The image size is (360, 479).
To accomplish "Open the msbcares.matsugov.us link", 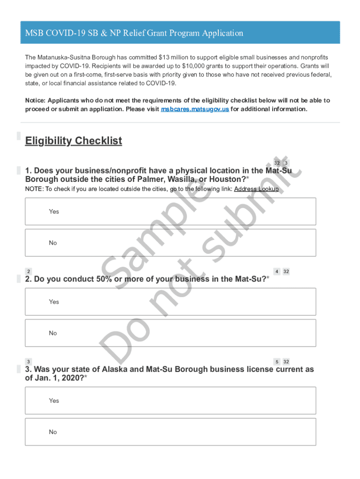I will coord(195,109).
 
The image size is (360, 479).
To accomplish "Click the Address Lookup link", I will coord(256,189).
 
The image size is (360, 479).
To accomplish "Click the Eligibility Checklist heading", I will coord(73,141).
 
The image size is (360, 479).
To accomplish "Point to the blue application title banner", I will coord(180,33).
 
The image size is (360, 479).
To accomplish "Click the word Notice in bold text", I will coord(35,101).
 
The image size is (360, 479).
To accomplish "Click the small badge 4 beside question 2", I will coord(277,271).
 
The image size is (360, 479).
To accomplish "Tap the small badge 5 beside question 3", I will coord(277,362).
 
